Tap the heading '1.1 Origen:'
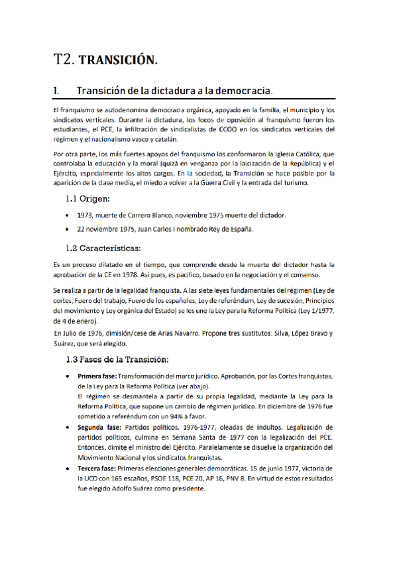pyautogui.click(x=92, y=199)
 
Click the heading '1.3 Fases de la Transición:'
pyautogui.click(x=117, y=361)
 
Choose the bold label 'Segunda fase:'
pyautogui.click(x=100, y=427)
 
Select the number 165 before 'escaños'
pyautogui.click(x=124, y=478)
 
